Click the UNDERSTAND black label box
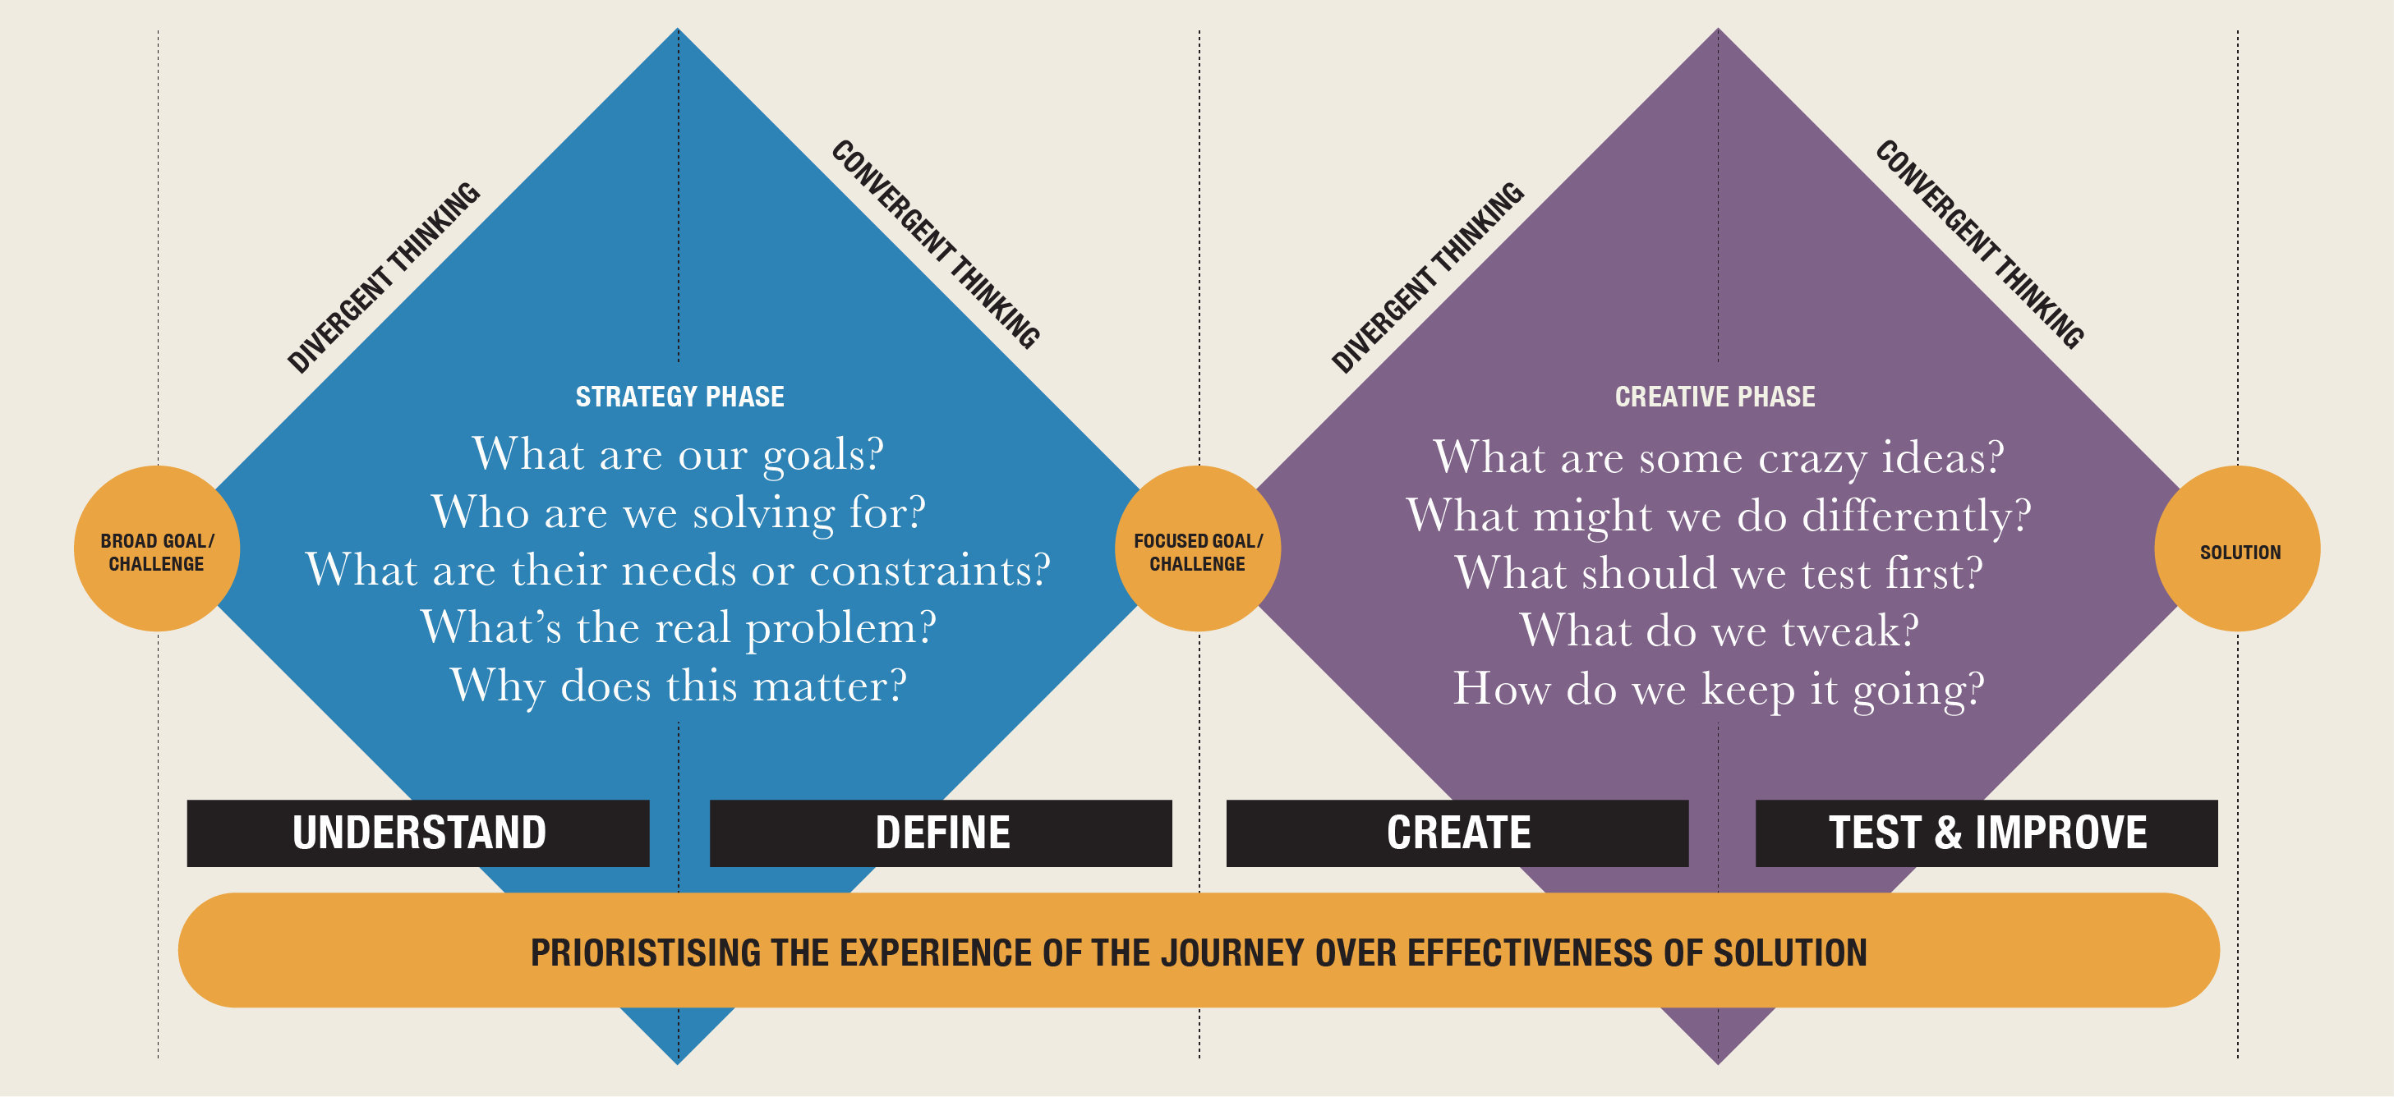tap(418, 833)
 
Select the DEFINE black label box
tap(941, 833)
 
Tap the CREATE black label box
tap(1457, 833)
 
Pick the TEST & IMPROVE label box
tap(1986, 833)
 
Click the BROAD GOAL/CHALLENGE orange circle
tap(157, 549)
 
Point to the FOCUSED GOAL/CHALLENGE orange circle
tap(1197, 549)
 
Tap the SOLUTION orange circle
tap(2238, 549)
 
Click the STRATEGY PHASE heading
tap(679, 397)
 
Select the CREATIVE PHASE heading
tap(1715, 397)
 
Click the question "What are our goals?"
tap(678, 455)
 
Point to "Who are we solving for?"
tap(678, 512)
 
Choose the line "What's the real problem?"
tap(678, 628)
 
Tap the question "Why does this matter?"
tap(678, 686)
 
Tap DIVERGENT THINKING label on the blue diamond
tap(384, 278)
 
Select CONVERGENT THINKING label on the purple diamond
tap(1979, 245)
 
